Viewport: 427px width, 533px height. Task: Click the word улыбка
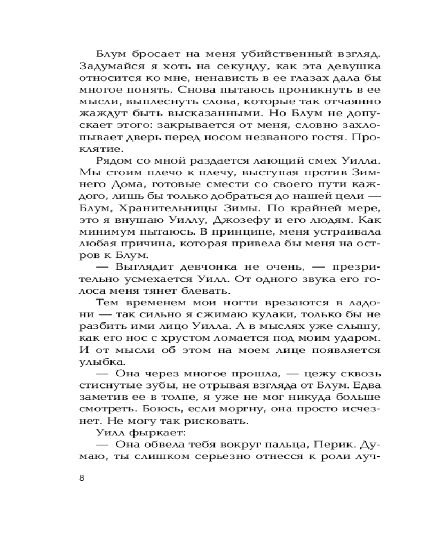pyautogui.click(x=99, y=363)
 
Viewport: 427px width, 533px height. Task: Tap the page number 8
pyautogui.click(x=81, y=478)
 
